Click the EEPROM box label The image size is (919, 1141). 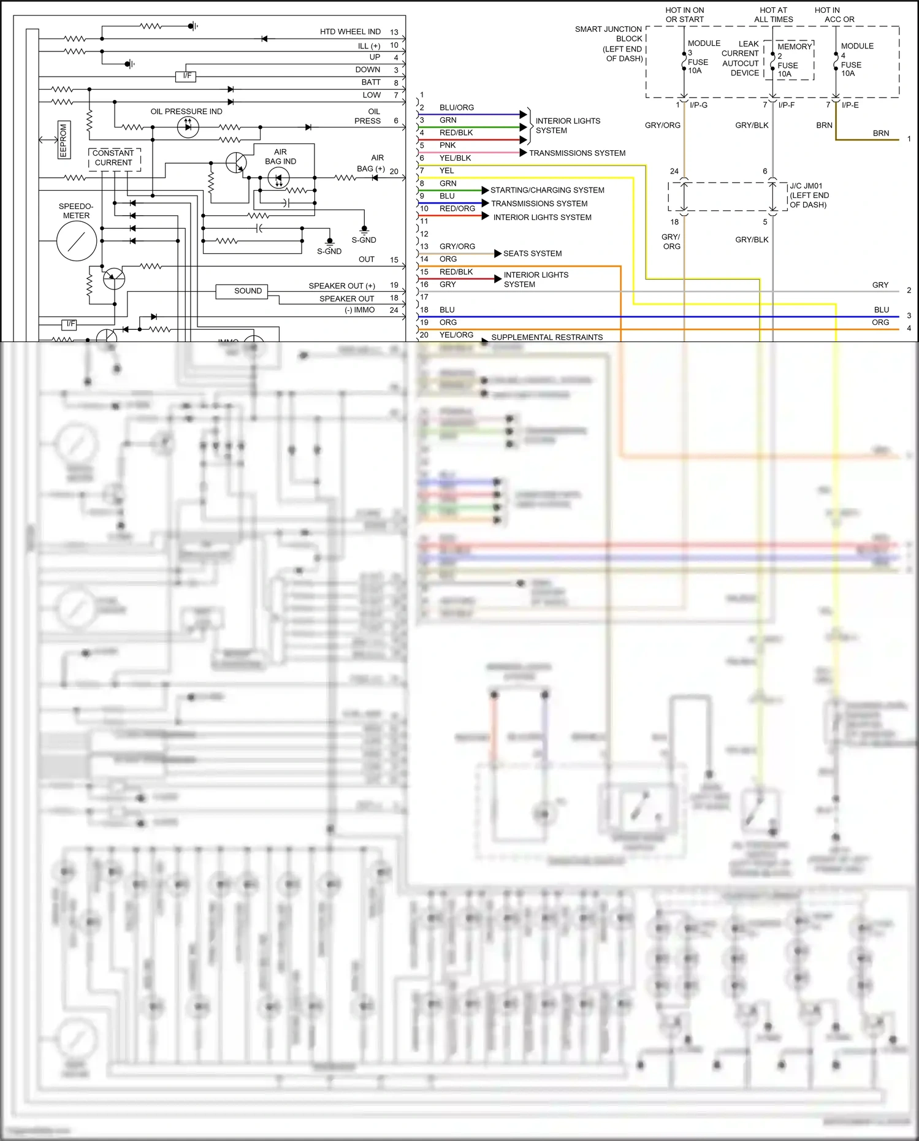[63, 140]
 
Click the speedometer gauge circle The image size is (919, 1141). [77, 241]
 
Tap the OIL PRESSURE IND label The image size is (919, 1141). [186, 112]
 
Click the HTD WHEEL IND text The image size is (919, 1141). [350, 32]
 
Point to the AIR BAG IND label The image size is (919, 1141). [280, 157]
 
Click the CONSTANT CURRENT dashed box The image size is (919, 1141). [114, 158]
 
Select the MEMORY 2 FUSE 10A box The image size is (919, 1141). [789, 61]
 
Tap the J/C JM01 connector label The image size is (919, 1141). [809, 195]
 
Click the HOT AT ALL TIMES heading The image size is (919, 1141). [773, 15]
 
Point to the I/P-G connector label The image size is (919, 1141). [698, 105]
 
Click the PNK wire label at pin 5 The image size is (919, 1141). [448, 145]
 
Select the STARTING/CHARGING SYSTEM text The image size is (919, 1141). [547, 190]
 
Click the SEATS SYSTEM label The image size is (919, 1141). [532, 253]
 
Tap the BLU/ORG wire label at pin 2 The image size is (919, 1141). [456, 107]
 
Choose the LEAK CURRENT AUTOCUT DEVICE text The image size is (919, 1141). [740, 58]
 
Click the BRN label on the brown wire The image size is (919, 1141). [880, 133]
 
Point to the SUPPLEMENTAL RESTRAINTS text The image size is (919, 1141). [547, 337]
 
